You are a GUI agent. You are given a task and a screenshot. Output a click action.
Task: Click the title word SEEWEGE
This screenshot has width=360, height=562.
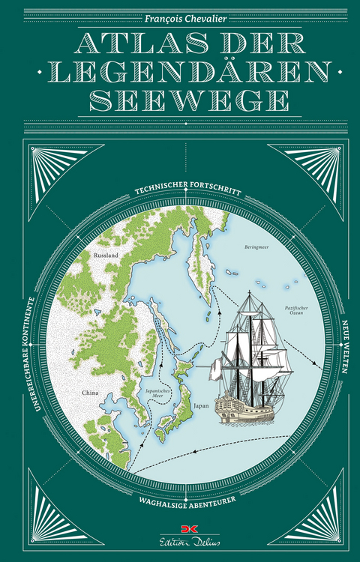pyautogui.click(x=180, y=100)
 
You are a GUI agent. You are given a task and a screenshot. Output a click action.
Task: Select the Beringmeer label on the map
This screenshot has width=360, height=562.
pyautogui.click(x=256, y=246)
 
